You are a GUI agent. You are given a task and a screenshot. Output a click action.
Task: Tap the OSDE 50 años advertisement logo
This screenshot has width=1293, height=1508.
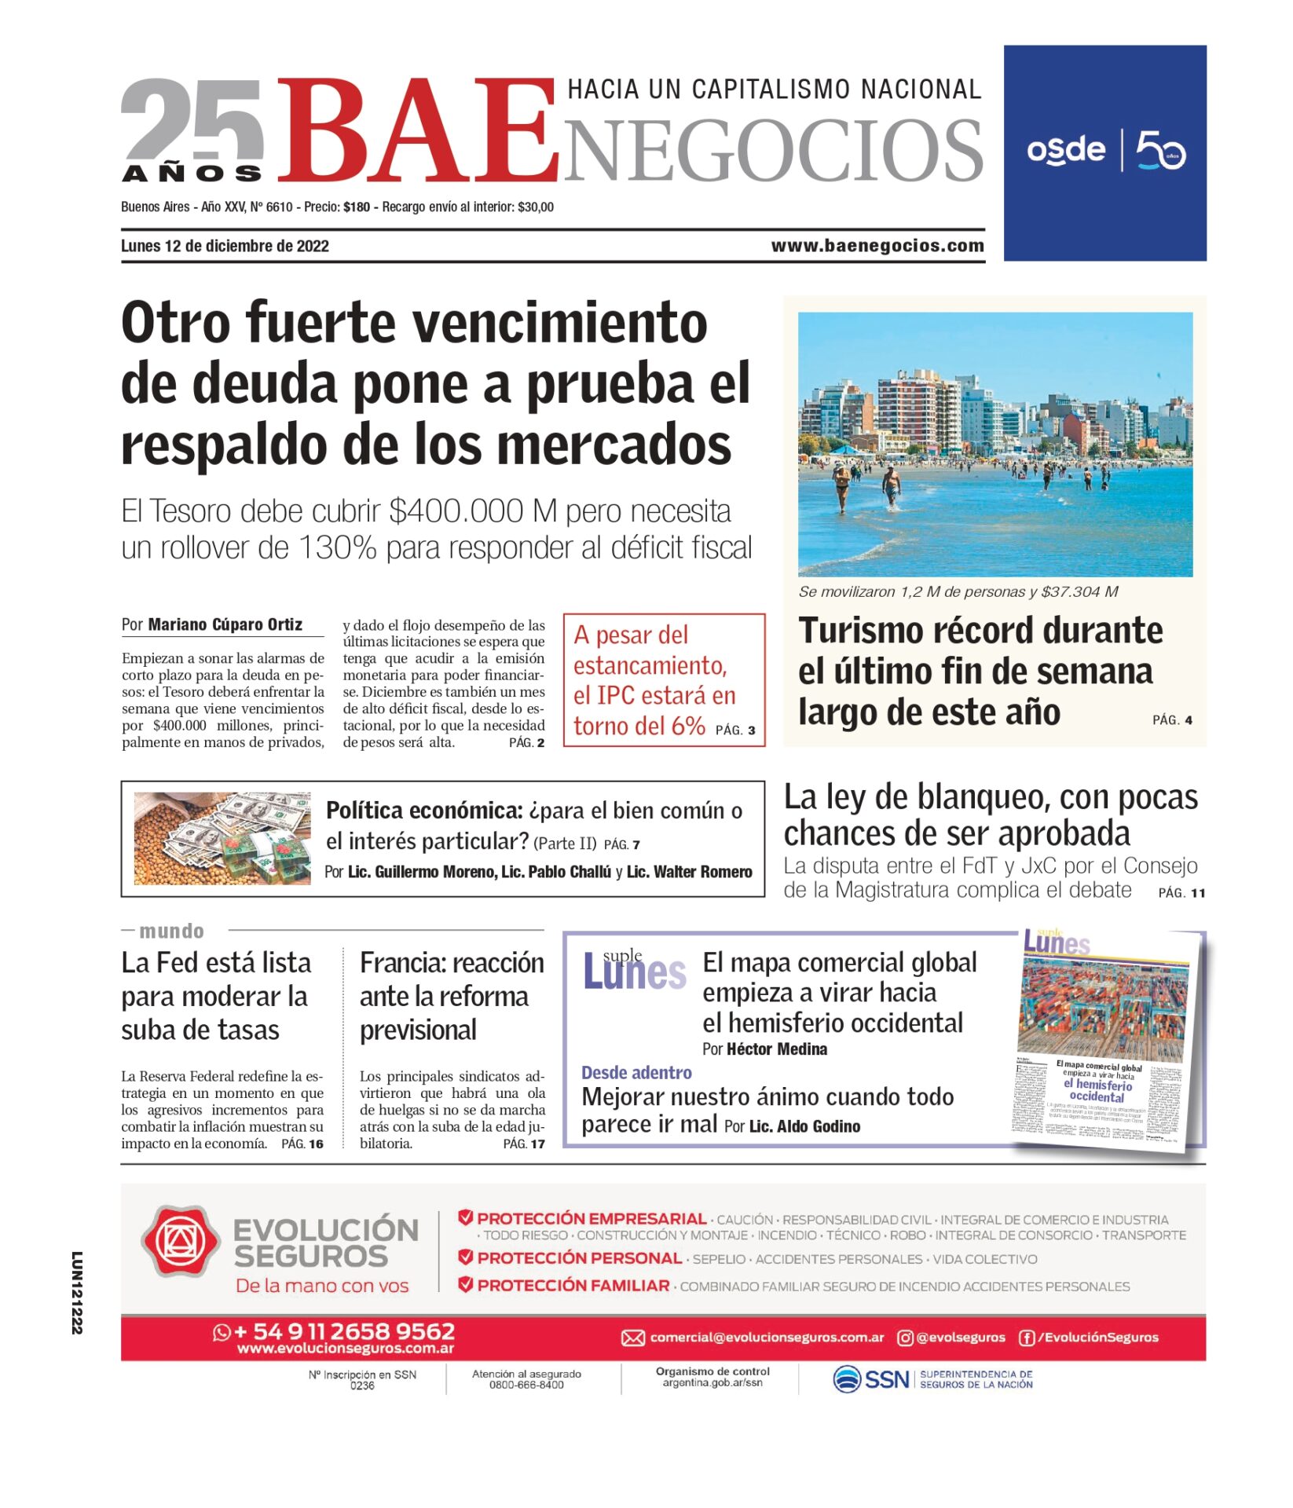(x=1105, y=151)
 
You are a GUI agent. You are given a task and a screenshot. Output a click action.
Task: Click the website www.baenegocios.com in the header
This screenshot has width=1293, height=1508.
(x=877, y=246)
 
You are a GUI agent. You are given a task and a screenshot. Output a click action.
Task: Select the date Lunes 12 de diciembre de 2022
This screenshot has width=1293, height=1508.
(x=225, y=246)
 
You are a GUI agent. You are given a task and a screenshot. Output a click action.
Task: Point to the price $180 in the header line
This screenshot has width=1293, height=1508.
(x=357, y=207)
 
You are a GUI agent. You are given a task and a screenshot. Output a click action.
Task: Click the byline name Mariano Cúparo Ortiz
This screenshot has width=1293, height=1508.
(x=225, y=624)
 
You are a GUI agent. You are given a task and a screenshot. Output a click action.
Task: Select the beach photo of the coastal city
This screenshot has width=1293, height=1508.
(x=994, y=444)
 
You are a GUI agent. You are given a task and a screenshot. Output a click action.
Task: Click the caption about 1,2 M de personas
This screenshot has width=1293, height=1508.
(x=958, y=591)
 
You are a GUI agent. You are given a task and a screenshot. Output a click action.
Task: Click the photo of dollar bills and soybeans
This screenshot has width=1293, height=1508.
(x=222, y=838)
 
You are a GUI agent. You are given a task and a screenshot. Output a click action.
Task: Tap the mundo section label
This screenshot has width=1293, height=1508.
(x=171, y=931)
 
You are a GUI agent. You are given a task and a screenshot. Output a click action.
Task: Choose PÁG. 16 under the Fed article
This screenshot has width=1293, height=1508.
(x=302, y=1144)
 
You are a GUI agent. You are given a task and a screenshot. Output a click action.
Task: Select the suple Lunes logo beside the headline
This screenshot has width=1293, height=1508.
(x=634, y=971)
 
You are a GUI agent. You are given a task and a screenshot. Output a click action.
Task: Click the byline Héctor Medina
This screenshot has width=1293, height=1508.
(x=776, y=1049)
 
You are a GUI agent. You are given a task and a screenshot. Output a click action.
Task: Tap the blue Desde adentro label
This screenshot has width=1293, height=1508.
(x=636, y=1073)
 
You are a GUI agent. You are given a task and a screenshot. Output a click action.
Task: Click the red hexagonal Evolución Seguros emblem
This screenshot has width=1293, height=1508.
(x=181, y=1241)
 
